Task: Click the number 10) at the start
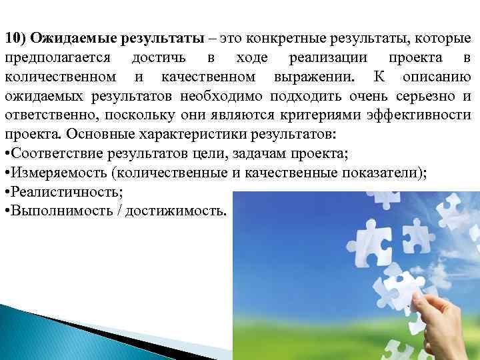tap(15, 37)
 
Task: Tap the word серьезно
tap(427, 95)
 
